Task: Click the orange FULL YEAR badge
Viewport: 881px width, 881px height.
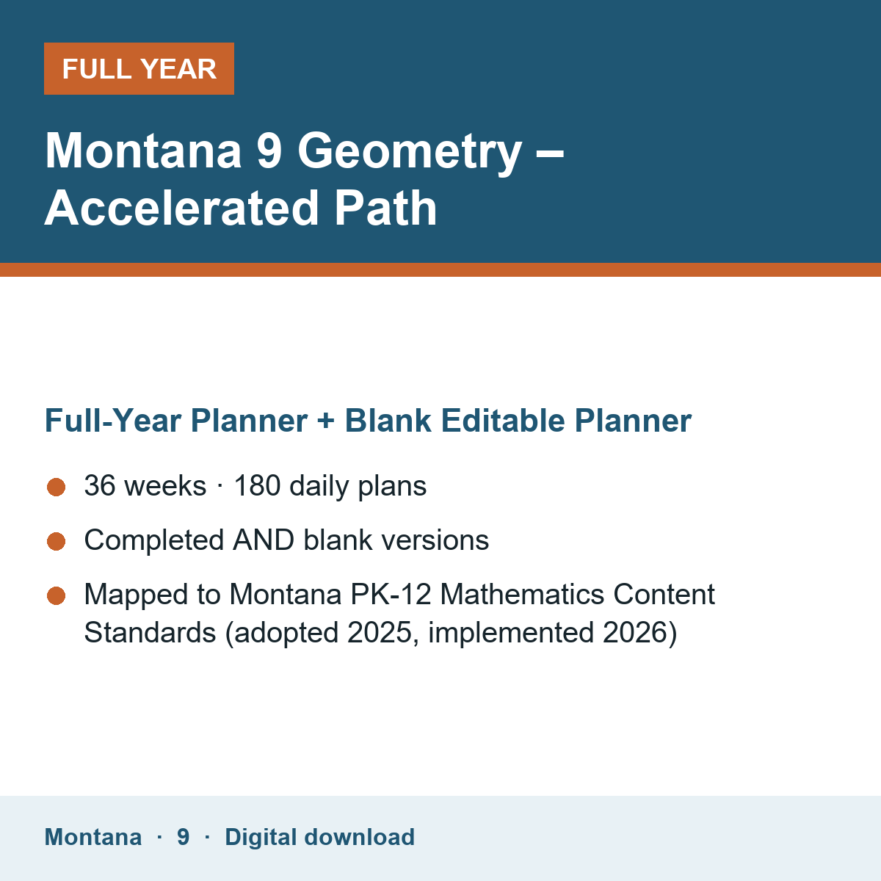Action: (x=139, y=68)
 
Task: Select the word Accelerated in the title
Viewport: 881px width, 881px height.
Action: (x=181, y=209)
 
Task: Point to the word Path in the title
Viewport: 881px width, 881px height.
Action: (x=385, y=209)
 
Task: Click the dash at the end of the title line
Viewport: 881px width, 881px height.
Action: (x=550, y=156)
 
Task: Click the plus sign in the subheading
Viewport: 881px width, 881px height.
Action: (x=325, y=421)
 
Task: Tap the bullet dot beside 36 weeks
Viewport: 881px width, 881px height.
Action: (x=57, y=487)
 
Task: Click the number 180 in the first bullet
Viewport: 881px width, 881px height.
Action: (x=257, y=485)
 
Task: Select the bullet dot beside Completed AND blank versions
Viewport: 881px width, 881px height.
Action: (x=57, y=542)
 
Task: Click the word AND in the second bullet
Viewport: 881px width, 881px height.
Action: (x=264, y=540)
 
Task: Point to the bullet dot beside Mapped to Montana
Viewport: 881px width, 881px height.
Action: (x=57, y=595)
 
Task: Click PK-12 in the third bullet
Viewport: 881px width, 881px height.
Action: (x=391, y=595)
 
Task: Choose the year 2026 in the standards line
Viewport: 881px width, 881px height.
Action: (x=635, y=633)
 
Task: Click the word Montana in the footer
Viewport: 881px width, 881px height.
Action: (x=93, y=837)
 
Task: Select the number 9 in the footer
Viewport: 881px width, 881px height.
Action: (x=184, y=837)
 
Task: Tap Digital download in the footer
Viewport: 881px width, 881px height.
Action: (x=319, y=838)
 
